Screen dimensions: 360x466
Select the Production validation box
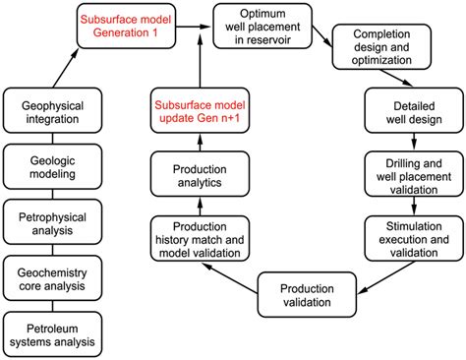(307, 294)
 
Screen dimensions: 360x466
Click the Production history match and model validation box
(200, 238)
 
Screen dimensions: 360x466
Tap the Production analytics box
(200, 175)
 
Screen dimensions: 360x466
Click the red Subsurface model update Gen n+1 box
(200, 110)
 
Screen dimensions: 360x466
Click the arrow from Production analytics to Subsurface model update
(200, 143)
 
